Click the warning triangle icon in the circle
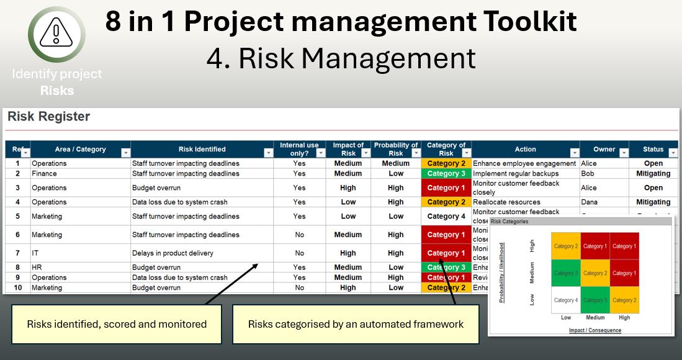coord(56,34)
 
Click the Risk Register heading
coord(48,117)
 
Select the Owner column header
coord(604,150)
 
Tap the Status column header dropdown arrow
coord(673,153)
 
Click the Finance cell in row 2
coord(45,174)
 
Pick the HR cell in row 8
coord(37,268)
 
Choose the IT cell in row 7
coord(35,253)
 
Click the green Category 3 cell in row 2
coord(446,174)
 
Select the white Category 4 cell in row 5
coord(446,217)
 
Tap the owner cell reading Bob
coord(588,174)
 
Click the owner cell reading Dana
coord(590,202)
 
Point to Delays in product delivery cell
coord(173,253)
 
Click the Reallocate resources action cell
coord(506,202)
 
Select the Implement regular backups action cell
coord(515,174)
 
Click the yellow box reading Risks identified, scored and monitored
coord(117,324)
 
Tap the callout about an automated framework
coord(356,324)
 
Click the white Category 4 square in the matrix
coord(565,300)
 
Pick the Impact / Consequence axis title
coord(595,330)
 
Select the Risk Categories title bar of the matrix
coord(580,222)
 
